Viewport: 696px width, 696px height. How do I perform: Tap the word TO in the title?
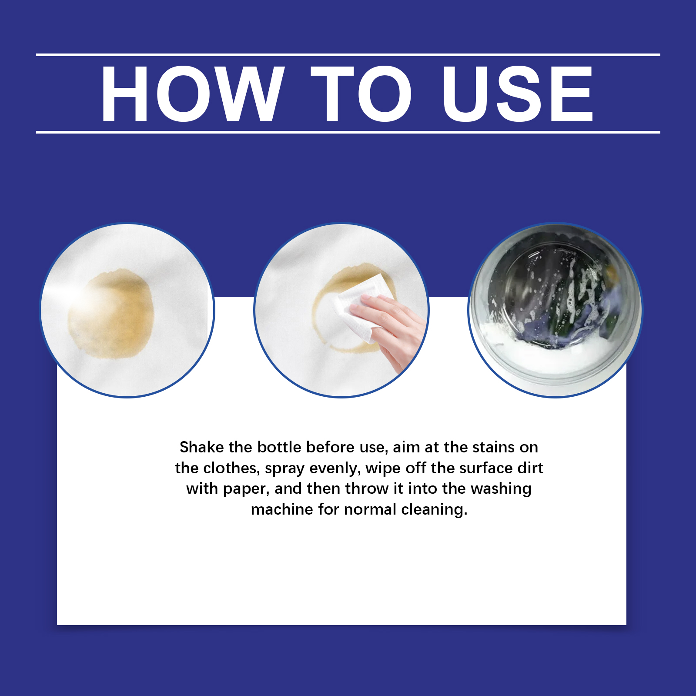361,94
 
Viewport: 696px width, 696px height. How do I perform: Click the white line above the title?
348,55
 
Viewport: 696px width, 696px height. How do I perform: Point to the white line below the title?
348,132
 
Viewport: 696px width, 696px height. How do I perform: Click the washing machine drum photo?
555,310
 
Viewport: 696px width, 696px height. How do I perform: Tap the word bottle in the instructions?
279,447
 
